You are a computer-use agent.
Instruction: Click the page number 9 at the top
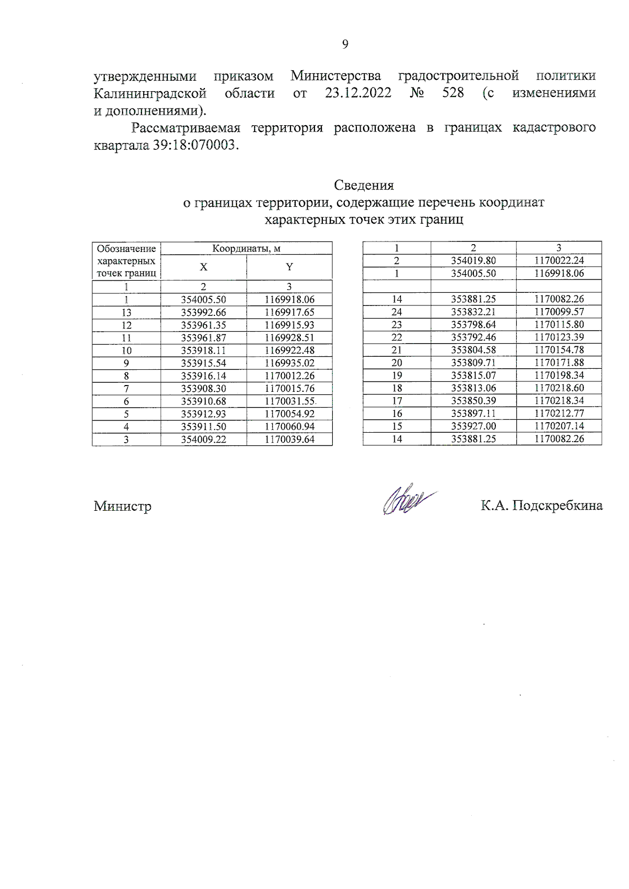pyautogui.click(x=345, y=45)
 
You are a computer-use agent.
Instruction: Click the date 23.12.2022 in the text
pyautogui.click(x=358, y=93)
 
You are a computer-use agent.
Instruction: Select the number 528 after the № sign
pyautogui.click(x=453, y=93)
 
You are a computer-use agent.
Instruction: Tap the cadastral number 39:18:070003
pyautogui.click(x=195, y=145)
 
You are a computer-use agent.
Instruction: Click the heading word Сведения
pyautogui.click(x=364, y=185)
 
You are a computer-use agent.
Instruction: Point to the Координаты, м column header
pyautogui.click(x=246, y=248)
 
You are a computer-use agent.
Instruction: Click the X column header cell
pyautogui.click(x=203, y=267)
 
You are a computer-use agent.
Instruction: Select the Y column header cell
pyautogui.click(x=289, y=267)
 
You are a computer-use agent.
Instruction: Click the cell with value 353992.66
pyautogui.click(x=203, y=313)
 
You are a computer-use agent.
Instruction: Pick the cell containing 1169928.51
pyautogui.click(x=289, y=338)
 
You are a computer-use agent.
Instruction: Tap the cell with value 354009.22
pyautogui.click(x=203, y=440)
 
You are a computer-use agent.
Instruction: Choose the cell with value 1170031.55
pyautogui.click(x=289, y=401)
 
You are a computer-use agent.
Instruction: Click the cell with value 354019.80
pyautogui.click(x=473, y=260)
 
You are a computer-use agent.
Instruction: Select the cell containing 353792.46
pyautogui.click(x=473, y=337)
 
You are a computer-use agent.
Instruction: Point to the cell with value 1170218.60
pyautogui.click(x=559, y=388)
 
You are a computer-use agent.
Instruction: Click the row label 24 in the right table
pyautogui.click(x=397, y=312)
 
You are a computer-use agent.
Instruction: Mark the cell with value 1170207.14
pyautogui.click(x=559, y=426)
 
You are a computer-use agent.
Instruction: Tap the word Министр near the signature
pyautogui.click(x=123, y=506)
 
